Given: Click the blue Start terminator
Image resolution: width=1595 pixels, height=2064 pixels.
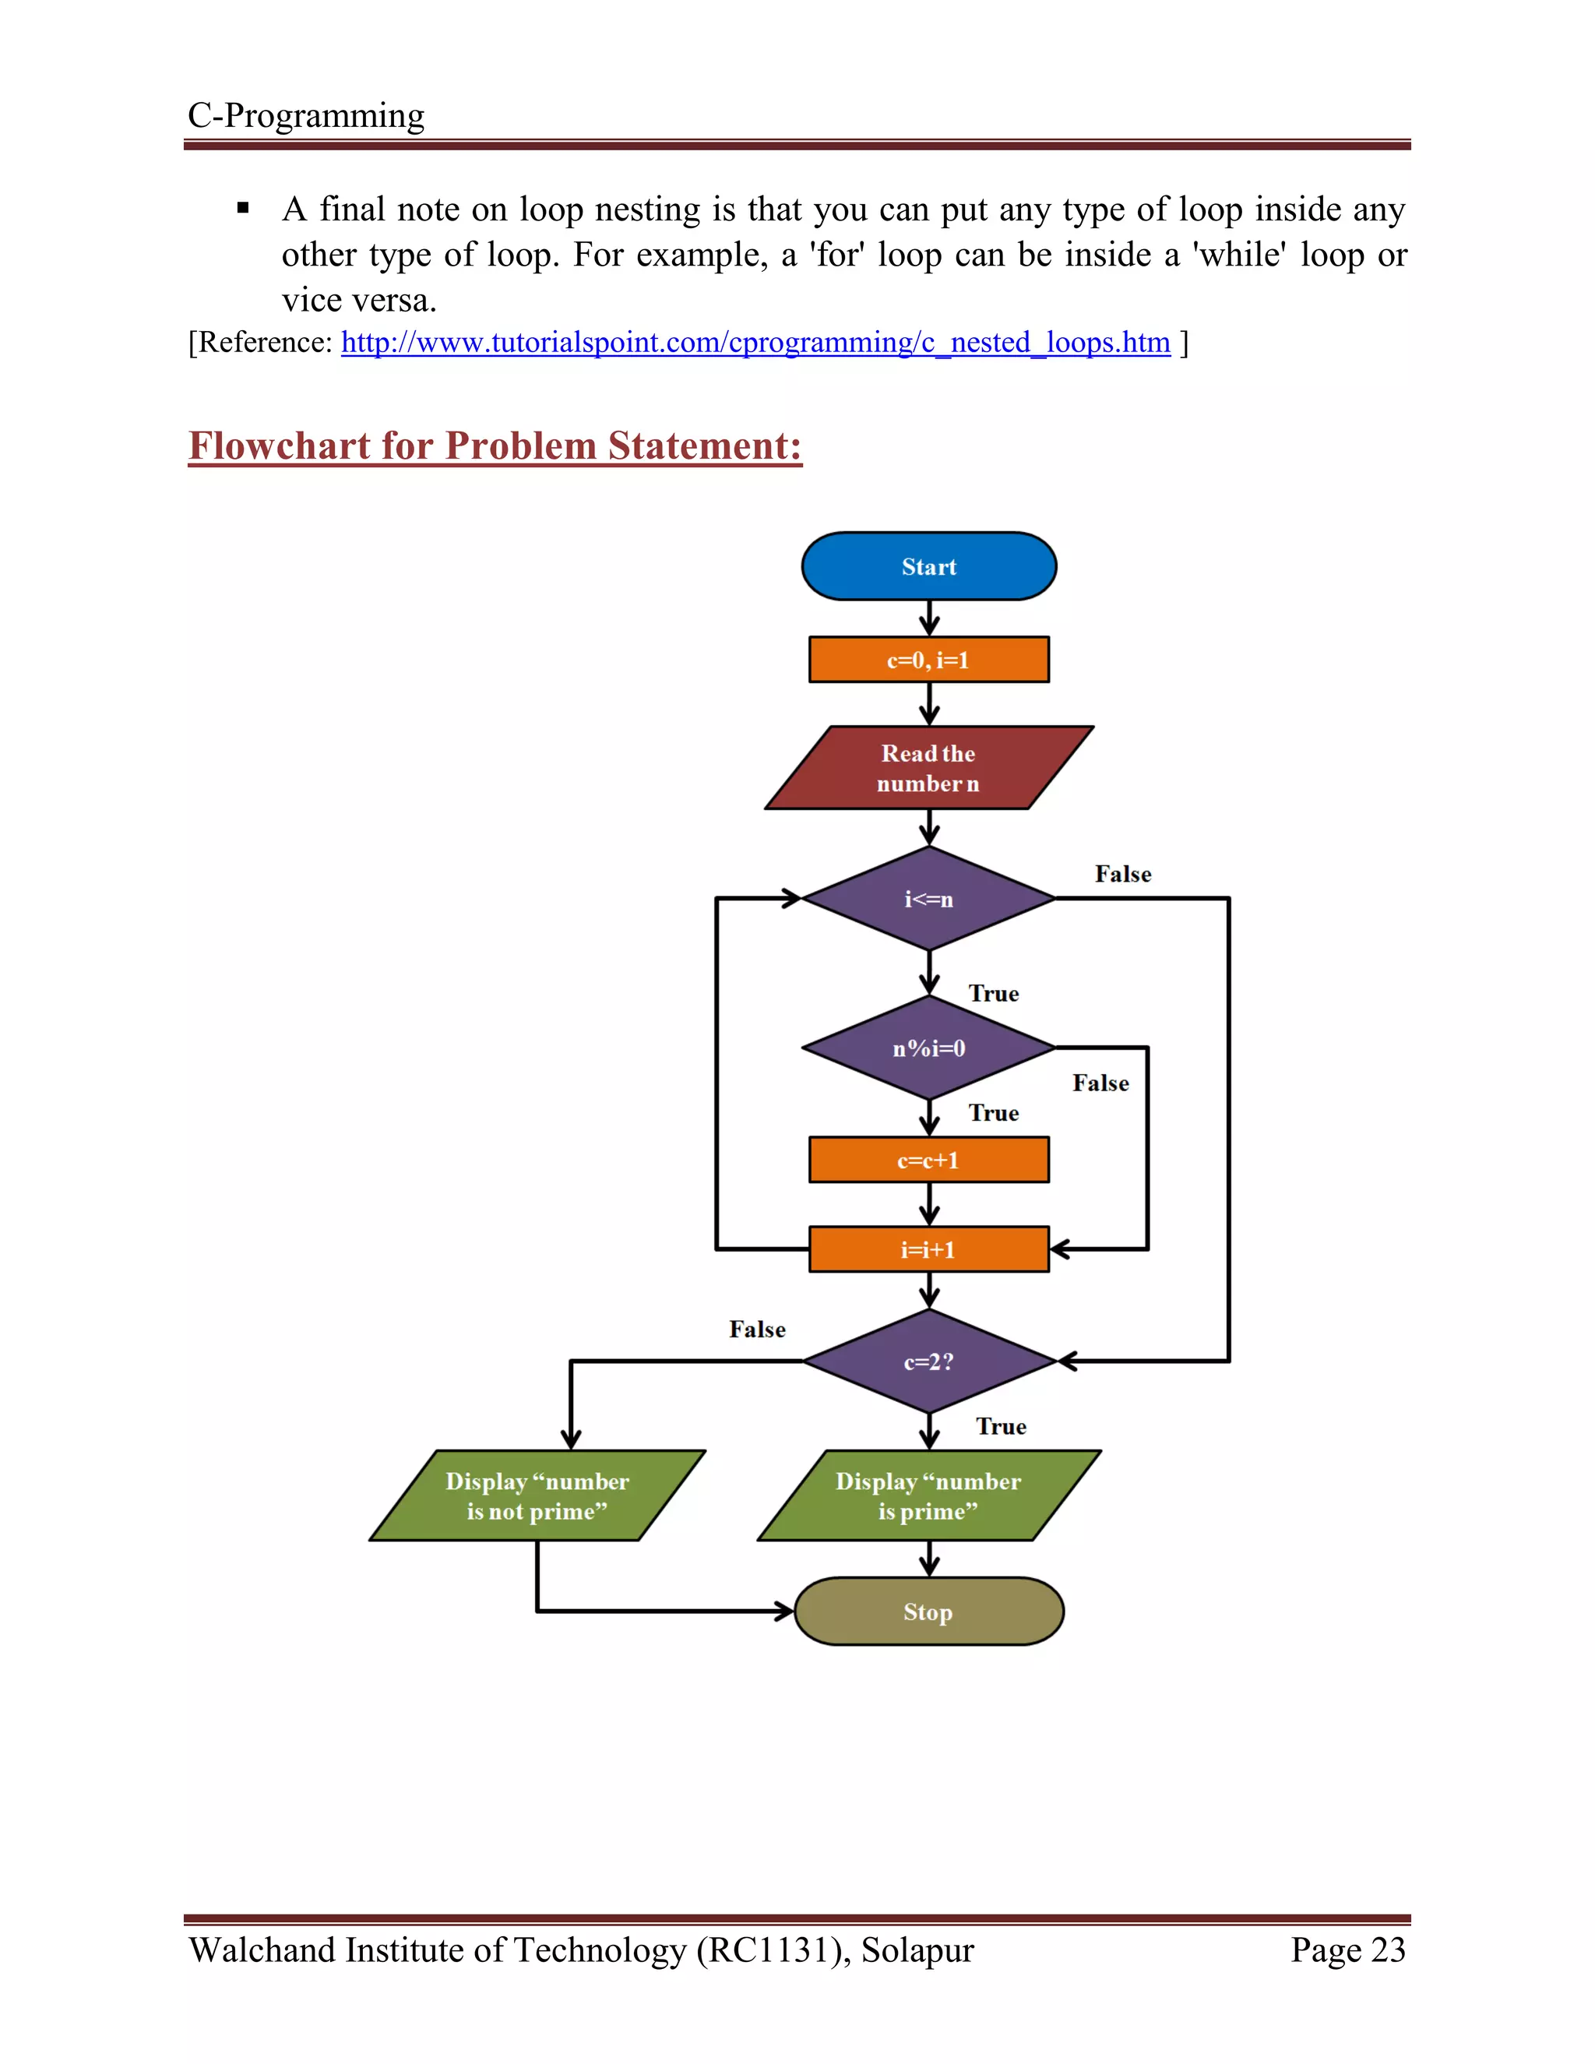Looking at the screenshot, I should pos(929,566).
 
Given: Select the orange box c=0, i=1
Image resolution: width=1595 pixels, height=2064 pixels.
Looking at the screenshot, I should pos(929,660).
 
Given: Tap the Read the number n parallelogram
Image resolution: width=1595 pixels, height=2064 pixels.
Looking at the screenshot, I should pos(929,767).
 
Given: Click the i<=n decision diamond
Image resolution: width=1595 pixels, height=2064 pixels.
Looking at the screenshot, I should pos(929,899).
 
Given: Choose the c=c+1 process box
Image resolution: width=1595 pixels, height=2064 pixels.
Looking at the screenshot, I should pos(929,1160).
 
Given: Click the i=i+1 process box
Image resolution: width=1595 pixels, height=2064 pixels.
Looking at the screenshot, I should pos(929,1249).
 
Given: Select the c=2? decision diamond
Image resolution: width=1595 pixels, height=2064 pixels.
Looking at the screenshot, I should pos(929,1361).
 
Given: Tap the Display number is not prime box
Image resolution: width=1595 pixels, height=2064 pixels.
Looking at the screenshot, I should pos(537,1495).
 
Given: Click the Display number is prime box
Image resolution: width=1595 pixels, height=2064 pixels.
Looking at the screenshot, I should pos(929,1495).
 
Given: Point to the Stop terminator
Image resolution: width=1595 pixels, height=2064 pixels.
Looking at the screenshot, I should pos(929,1611).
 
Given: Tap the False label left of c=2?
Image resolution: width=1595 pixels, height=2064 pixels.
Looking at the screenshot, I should pos(757,1330).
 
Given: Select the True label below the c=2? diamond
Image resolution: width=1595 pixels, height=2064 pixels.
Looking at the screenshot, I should pos(1001,1426).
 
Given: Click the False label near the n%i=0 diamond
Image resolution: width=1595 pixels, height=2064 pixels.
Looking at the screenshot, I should pos(1100,1083).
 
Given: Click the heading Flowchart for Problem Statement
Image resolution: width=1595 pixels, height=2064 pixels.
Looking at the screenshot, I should pos(495,446).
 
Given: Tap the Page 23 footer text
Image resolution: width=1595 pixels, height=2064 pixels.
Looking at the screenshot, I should pos(1347,1950).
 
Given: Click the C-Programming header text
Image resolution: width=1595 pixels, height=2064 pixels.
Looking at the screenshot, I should pos(306,115).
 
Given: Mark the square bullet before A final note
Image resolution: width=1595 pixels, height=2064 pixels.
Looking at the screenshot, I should pos(243,208).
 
